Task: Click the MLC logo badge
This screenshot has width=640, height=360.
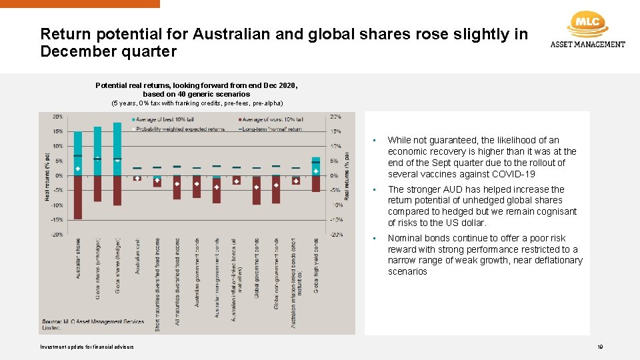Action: [x=587, y=23]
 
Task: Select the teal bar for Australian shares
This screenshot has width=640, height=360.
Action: [x=78, y=153]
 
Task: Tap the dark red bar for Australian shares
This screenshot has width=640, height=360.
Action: [x=78, y=197]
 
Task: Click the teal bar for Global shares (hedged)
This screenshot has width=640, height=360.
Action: [x=117, y=149]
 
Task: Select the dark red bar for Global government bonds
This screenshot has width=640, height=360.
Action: [x=257, y=189]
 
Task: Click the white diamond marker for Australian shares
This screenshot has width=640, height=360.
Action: [x=78, y=169]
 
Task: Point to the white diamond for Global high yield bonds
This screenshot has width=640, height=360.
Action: [x=316, y=171]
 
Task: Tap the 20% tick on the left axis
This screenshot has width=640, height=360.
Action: [x=59, y=117]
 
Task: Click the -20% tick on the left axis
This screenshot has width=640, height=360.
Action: [x=57, y=234]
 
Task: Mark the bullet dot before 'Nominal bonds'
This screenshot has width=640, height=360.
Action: [x=376, y=239]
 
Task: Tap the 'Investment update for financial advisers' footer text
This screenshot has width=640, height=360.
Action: [x=87, y=347]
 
